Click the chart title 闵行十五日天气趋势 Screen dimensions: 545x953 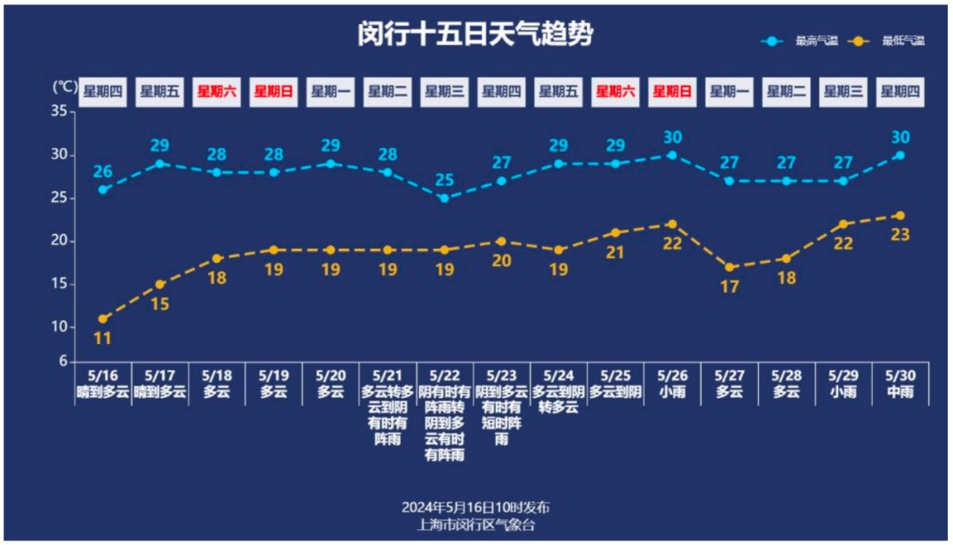[476, 34]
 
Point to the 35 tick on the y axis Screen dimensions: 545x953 [59, 111]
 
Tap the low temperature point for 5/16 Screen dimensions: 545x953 [103, 319]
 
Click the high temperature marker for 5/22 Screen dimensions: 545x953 [445, 198]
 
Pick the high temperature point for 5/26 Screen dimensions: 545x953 [672, 155]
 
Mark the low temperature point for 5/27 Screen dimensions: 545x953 [729, 267]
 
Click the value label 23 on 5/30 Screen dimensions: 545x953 [900, 235]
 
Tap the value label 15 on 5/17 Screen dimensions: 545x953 [160, 305]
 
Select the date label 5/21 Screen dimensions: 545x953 [387, 375]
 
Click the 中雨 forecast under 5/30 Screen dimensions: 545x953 [900, 392]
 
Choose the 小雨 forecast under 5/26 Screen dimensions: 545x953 [672, 392]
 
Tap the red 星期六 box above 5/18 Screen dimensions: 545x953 [217, 91]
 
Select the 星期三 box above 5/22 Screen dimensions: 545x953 [445, 91]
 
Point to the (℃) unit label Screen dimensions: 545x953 [64, 86]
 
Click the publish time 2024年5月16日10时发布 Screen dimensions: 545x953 [476, 508]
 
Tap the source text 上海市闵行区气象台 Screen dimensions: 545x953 [476, 525]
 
